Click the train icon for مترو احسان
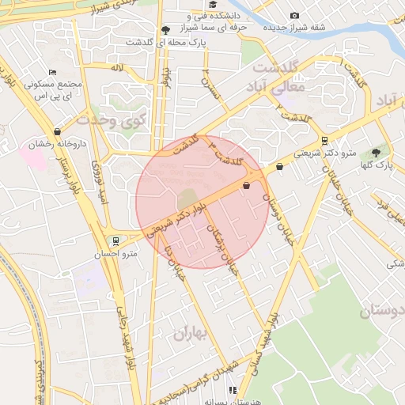pos(116,240)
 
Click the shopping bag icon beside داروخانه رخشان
pos(56,131)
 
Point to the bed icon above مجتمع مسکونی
pos(53,71)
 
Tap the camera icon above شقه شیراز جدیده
pos(295,16)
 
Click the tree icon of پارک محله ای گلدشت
pos(165,29)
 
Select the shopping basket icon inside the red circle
pos(247,186)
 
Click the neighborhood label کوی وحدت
pos(112,120)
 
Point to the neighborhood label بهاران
pos(190,333)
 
